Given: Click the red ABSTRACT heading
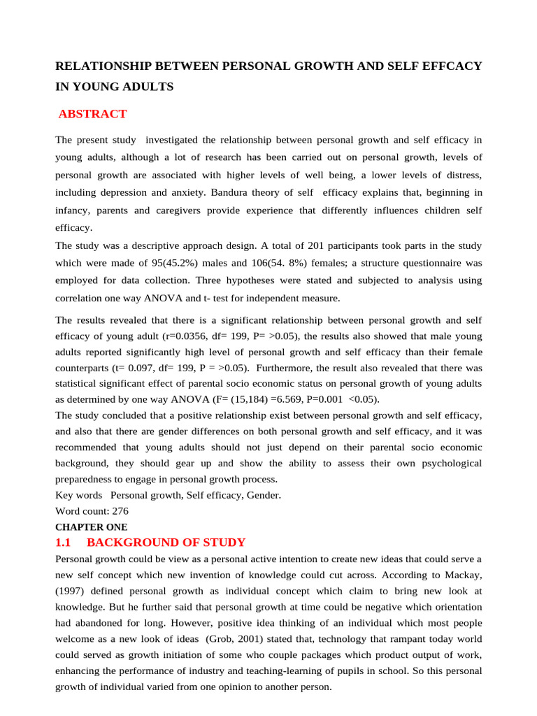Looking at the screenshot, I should point(93,114).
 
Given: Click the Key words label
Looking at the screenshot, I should point(78,495).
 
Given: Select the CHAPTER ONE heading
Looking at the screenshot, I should point(92,527).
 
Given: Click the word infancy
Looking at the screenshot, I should point(73,210).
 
